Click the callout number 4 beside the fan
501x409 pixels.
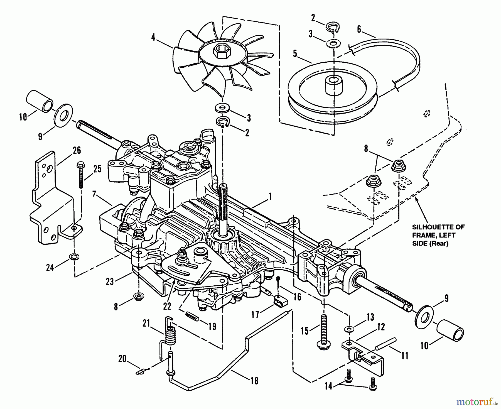coord(153,37)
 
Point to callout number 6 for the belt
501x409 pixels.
coord(359,30)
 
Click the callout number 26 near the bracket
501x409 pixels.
coord(77,151)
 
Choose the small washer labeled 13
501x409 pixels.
coord(348,329)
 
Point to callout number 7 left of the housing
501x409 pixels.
coord(95,194)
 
